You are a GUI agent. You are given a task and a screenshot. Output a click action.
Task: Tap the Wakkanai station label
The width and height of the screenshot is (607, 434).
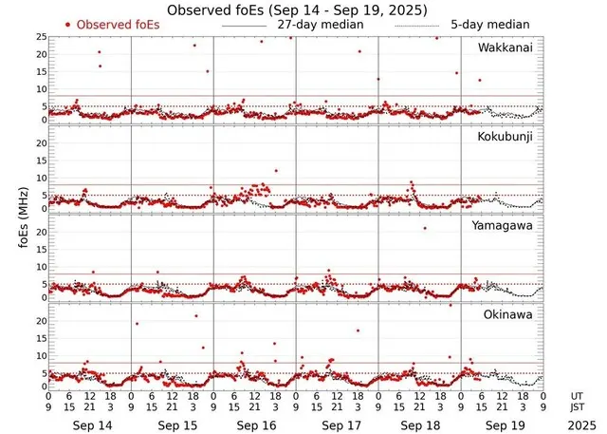click(506, 47)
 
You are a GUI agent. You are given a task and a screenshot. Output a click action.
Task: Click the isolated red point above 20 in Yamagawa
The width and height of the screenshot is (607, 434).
click(424, 228)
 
